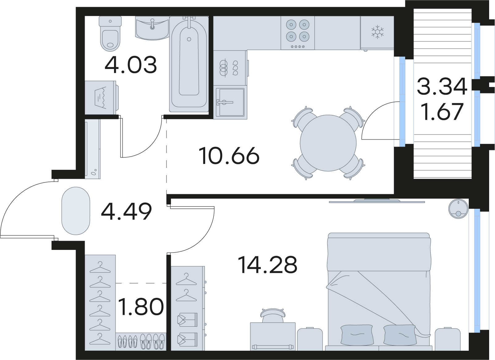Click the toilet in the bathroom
pos(110,34)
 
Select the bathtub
pos(189,64)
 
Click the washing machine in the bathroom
pos(102,97)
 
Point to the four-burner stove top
pos(298,33)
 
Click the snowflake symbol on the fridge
pos(378,32)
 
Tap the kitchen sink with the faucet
pos(230,102)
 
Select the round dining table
pos(328,143)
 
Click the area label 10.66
pos(229,156)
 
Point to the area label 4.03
pos(131,65)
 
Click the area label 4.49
pos(126,212)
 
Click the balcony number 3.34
pos(442,87)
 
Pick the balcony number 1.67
pos(442,112)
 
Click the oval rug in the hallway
pos(76,211)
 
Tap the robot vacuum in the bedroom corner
pos(458,209)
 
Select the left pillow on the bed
pos(357,335)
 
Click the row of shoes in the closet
pos(141,341)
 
